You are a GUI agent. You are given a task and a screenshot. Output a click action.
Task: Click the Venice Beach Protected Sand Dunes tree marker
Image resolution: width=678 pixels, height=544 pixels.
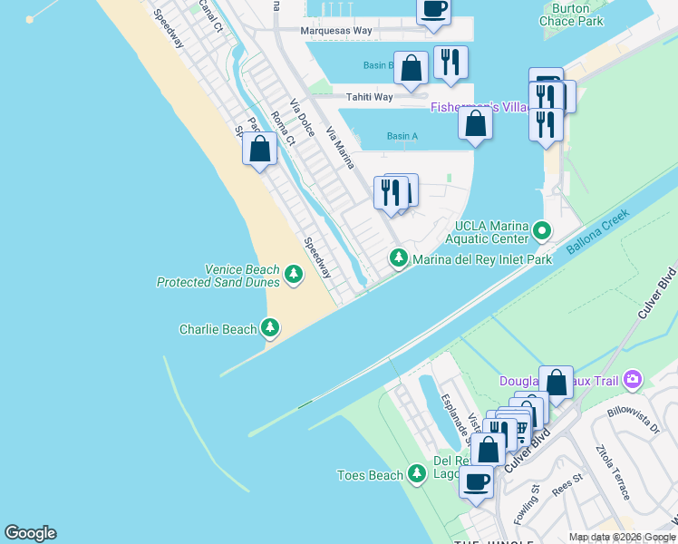click(x=293, y=273)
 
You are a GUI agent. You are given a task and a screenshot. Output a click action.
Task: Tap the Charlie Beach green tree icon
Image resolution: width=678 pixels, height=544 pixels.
click(x=269, y=328)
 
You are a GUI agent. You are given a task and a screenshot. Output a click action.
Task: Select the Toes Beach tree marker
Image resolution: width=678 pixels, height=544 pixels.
click(x=417, y=473)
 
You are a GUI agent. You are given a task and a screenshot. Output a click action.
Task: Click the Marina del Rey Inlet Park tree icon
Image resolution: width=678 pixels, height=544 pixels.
click(x=398, y=258)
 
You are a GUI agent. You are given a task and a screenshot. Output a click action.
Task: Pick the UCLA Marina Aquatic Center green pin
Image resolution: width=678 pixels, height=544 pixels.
click(x=542, y=230)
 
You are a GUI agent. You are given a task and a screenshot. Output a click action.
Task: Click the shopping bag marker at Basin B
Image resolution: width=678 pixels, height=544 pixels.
click(x=412, y=67)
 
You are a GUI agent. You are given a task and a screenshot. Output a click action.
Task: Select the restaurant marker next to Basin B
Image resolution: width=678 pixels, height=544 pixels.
click(x=450, y=62)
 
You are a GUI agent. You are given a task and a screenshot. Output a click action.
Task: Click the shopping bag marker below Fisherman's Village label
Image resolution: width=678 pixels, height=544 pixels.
click(x=475, y=122)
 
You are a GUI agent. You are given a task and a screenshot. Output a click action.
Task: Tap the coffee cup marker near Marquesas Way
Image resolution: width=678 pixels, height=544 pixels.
click(x=433, y=9)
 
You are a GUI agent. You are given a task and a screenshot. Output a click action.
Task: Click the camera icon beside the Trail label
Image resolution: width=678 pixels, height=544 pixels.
click(x=633, y=379)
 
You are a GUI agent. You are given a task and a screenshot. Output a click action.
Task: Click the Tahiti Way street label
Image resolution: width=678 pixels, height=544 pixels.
click(x=369, y=97)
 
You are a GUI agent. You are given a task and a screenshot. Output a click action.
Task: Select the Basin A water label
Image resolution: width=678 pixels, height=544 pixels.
click(x=402, y=136)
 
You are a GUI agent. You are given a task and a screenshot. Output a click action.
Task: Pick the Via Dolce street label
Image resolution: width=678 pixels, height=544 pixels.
click(x=302, y=117)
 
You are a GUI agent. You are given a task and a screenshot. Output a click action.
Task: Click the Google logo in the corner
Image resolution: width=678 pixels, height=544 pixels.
click(x=30, y=533)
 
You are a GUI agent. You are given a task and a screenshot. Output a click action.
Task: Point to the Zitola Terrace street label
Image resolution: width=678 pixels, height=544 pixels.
click(x=612, y=471)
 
